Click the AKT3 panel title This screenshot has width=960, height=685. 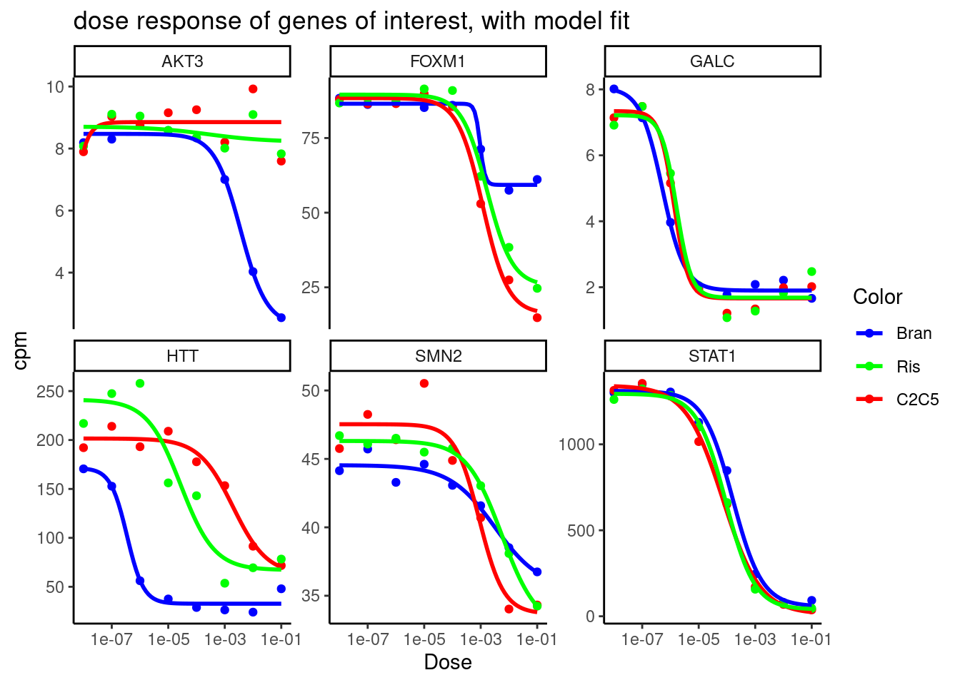[x=182, y=61]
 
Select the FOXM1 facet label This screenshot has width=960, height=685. [x=438, y=61]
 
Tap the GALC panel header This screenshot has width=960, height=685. [x=712, y=61]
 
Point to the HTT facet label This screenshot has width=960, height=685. [x=182, y=356]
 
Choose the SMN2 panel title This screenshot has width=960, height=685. [x=438, y=356]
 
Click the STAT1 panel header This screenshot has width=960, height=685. [x=712, y=356]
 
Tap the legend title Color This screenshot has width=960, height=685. [x=877, y=297]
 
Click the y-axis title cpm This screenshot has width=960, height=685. [x=21, y=350]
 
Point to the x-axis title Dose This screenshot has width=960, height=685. [x=448, y=662]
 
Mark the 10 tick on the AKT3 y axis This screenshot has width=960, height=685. [x=55, y=87]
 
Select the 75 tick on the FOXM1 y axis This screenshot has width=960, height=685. [x=311, y=138]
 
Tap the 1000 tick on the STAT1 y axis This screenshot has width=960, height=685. [x=576, y=445]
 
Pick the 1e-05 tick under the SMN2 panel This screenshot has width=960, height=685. [x=424, y=639]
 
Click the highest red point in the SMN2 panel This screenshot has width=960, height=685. [x=424, y=383]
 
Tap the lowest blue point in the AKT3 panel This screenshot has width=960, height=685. [x=281, y=318]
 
